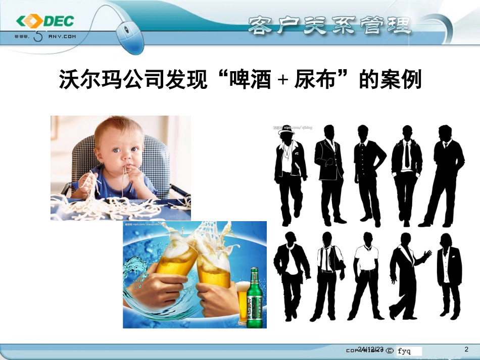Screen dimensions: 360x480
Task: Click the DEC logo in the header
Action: coord(45,22)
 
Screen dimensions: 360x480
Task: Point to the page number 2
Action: coord(466,349)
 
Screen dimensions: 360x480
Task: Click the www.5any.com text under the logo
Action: coord(45,37)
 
